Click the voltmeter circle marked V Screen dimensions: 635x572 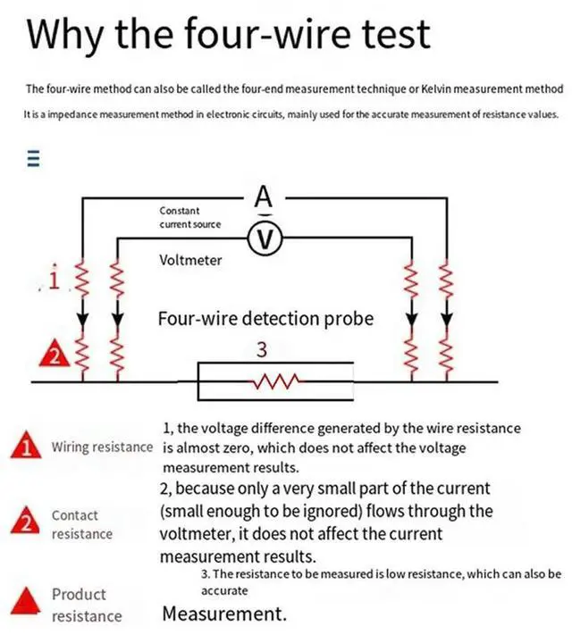264,238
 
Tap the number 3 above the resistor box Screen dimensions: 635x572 262,351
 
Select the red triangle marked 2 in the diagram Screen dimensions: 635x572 52,355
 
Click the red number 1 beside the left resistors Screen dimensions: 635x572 55,282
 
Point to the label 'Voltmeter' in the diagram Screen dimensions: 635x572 190,261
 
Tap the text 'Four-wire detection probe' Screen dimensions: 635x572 265,318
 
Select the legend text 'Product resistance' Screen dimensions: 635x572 87,605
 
